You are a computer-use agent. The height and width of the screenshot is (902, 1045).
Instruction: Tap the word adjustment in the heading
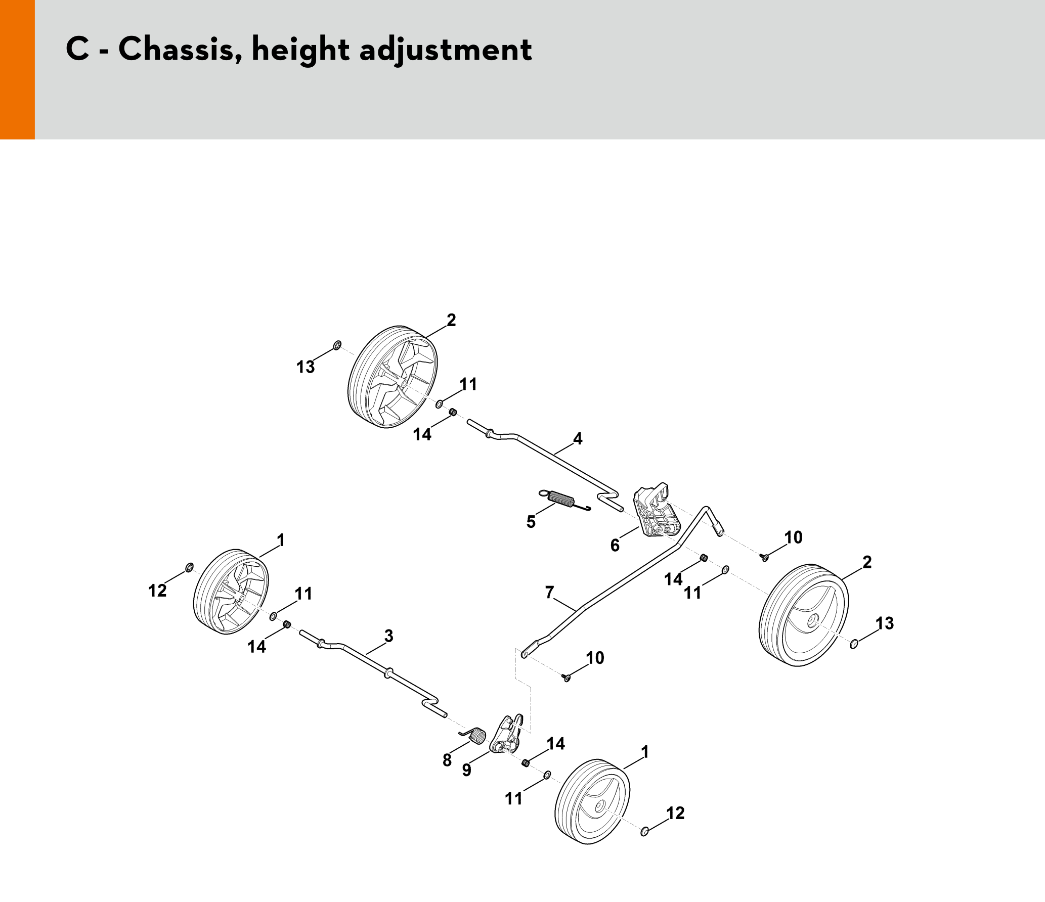click(445, 51)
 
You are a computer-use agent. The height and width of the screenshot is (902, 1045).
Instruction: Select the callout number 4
click(578, 438)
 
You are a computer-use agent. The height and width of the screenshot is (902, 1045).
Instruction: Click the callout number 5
click(531, 521)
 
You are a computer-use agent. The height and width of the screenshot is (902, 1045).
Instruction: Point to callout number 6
click(615, 545)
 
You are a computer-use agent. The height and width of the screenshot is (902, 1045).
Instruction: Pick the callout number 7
click(550, 592)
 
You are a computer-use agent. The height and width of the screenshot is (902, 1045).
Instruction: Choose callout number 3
click(388, 636)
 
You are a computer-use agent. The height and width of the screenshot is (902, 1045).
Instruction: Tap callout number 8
click(447, 760)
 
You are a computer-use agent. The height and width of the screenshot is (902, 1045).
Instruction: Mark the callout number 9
click(467, 770)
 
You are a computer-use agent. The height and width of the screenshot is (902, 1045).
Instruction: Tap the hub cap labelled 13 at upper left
click(337, 345)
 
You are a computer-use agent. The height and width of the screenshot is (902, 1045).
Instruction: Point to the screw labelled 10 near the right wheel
click(765, 557)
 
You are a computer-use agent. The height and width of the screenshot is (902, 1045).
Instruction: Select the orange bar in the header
click(17, 69)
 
